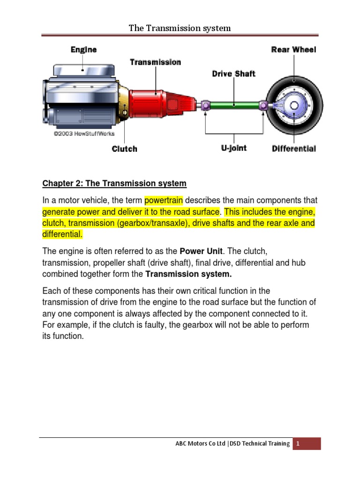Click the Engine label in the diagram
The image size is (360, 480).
(83, 49)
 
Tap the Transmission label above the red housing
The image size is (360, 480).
(155, 62)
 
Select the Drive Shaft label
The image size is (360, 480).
(234, 74)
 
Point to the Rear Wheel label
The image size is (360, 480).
(293, 49)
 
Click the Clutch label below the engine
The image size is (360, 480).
(125, 149)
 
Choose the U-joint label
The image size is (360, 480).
(234, 148)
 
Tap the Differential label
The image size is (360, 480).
(294, 149)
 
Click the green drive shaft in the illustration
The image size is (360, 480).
(233, 105)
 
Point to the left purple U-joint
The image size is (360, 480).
(204, 105)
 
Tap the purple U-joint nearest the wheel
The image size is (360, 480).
(263, 105)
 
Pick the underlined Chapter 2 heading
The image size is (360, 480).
(114, 183)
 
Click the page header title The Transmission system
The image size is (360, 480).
(180, 28)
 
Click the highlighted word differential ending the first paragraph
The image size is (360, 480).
(62, 233)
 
